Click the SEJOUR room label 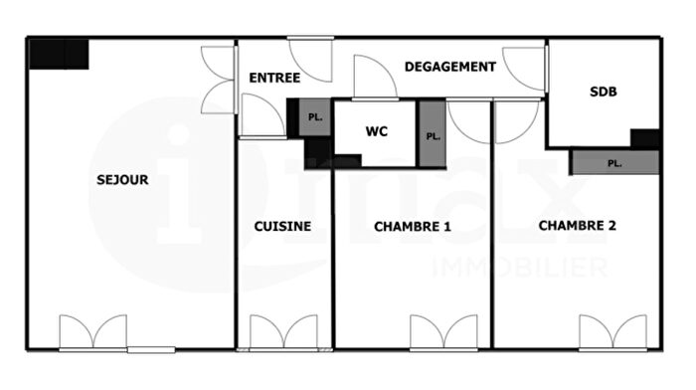[x=123, y=180]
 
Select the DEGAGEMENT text [x=449, y=67]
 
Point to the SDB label [x=603, y=92]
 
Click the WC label [x=376, y=131]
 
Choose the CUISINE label [x=282, y=226]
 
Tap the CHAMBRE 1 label [x=413, y=227]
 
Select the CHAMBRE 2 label [x=577, y=226]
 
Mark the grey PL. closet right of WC [x=431, y=135]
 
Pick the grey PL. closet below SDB [x=614, y=162]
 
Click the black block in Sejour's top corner [x=59, y=54]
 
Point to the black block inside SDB [x=645, y=138]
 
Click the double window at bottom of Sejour [x=92, y=332]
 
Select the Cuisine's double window [x=282, y=332]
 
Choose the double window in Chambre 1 [x=443, y=332]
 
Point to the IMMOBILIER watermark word [x=518, y=267]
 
